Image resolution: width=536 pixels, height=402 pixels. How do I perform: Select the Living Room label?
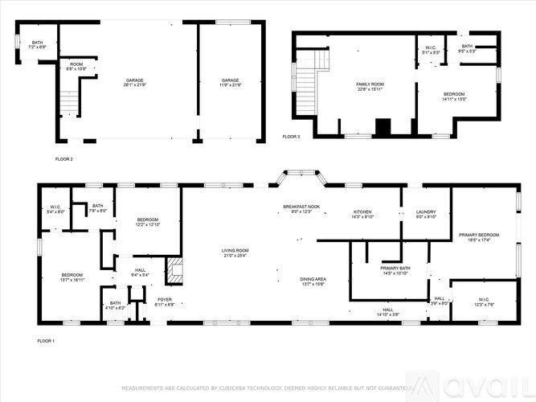point(235,253)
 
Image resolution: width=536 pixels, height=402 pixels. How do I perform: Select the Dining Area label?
point(312,281)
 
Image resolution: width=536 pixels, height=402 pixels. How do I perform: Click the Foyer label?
point(165,301)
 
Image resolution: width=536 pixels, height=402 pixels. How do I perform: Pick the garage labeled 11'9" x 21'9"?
point(231,83)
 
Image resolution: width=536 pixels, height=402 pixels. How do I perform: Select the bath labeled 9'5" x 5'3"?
point(467,48)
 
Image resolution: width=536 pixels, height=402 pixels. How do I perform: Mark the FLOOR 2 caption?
point(63,159)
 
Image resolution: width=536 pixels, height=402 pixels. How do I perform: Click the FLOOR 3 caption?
point(291,137)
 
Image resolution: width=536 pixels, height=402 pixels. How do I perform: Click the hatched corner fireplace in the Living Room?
point(174,268)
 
